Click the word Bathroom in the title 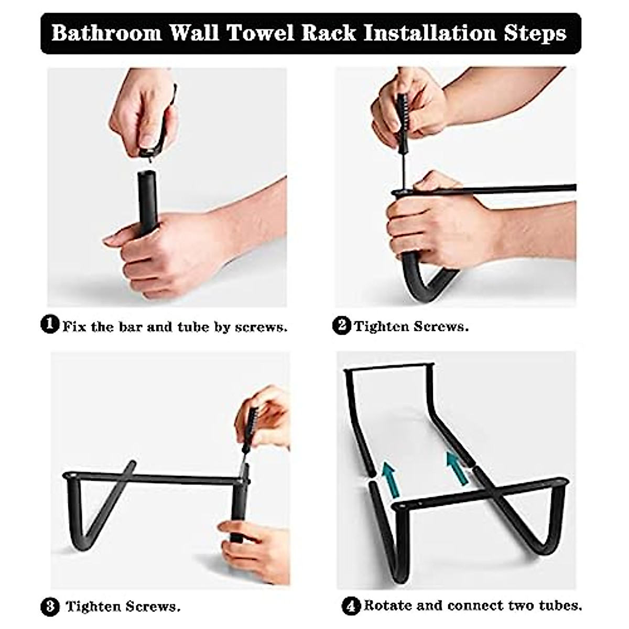click(x=106, y=33)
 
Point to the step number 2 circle click(x=341, y=326)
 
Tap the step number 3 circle click(x=50, y=607)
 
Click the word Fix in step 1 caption click(x=74, y=327)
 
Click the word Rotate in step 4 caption click(x=388, y=606)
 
